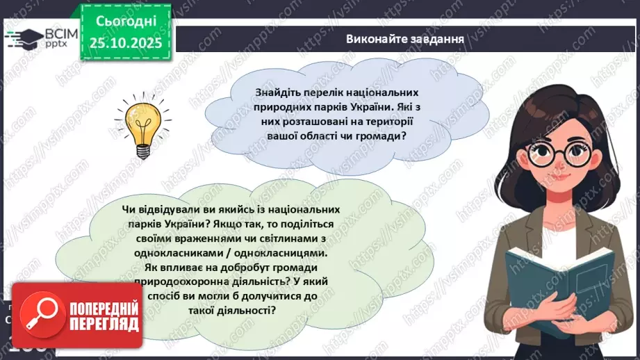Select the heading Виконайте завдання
404,38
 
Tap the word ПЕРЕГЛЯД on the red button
104,324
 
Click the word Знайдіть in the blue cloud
278,92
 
